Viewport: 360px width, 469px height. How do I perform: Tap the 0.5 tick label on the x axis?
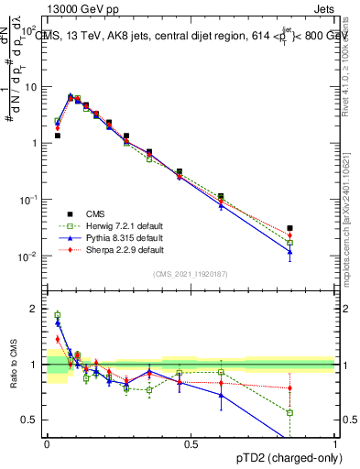tap(191, 443)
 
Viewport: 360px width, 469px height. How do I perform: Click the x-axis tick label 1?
tap(334, 443)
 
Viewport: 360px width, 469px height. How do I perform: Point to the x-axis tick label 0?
tap(47, 443)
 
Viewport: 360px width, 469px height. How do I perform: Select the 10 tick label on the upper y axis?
tap(30, 87)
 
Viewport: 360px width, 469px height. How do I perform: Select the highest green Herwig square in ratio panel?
tap(57, 315)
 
